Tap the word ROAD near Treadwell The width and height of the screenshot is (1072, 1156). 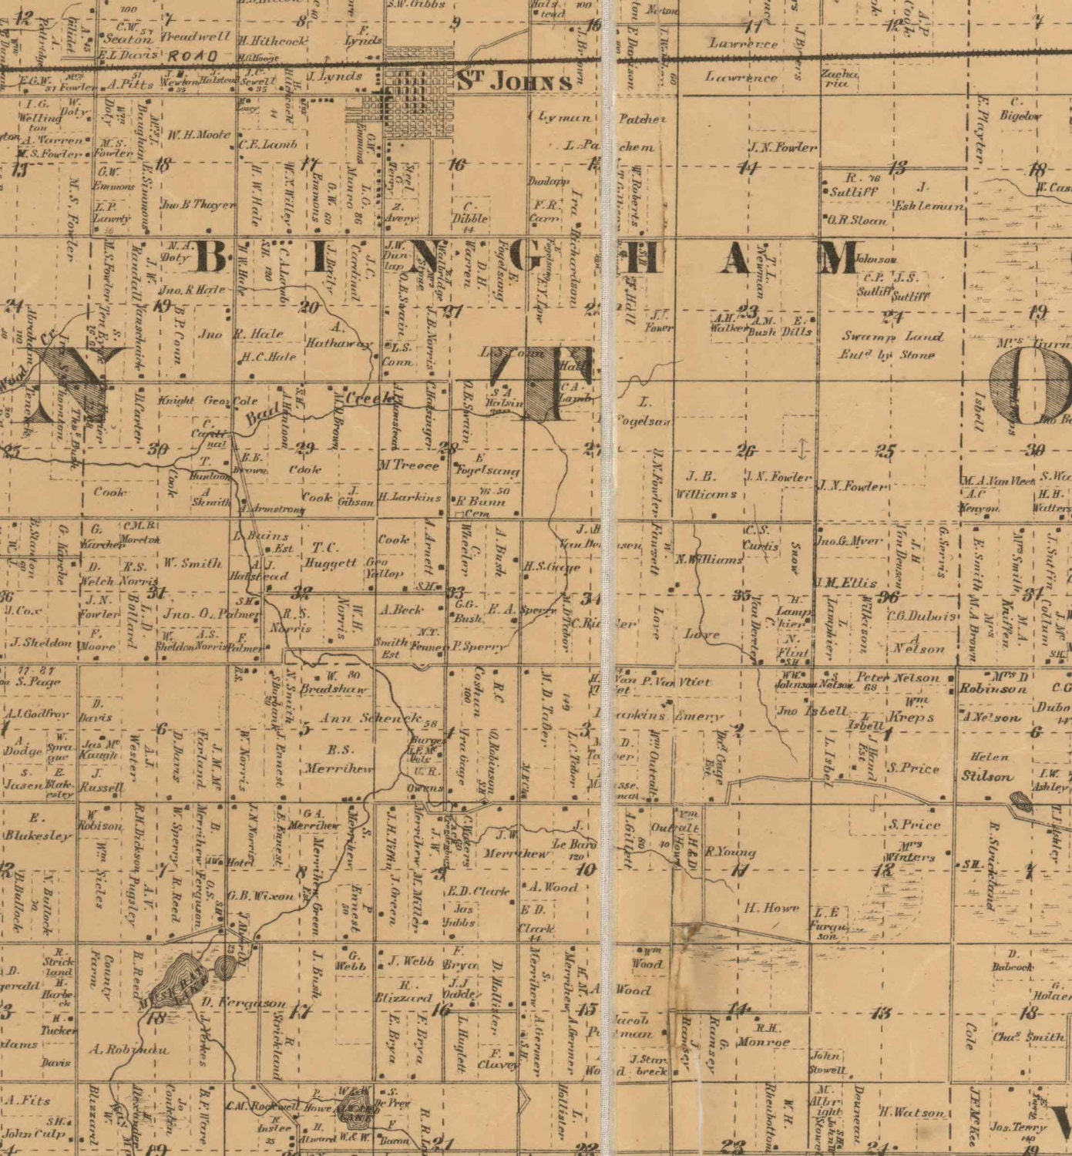coord(193,55)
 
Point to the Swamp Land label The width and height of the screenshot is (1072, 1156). coord(892,337)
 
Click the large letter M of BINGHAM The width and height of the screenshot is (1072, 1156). coord(838,257)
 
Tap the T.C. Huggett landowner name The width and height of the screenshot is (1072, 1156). coord(329,555)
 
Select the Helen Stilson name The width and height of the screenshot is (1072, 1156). coord(987,767)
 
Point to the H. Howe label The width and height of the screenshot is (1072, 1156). coord(771,908)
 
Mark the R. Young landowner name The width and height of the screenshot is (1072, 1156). coord(731,852)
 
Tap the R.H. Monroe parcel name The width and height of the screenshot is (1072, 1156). coord(763,1034)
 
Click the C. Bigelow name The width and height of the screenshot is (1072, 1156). coord(1020,109)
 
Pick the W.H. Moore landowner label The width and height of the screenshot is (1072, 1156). coord(198,135)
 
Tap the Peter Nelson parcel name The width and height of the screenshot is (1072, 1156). coord(897,678)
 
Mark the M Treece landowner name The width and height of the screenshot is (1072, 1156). coord(408,465)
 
